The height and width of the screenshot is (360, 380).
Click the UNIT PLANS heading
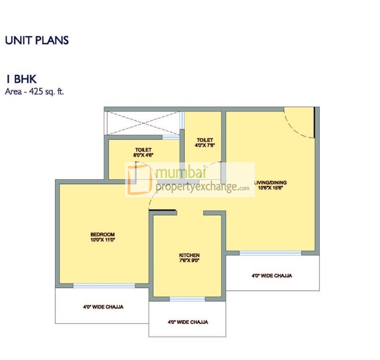(37, 40)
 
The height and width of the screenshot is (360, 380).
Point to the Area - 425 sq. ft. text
(34, 91)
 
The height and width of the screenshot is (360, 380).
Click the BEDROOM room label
(103, 234)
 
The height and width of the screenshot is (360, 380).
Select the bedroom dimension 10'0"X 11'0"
(103, 240)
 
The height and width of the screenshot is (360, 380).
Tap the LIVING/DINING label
(270, 182)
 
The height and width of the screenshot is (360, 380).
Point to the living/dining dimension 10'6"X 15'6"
(271, 188)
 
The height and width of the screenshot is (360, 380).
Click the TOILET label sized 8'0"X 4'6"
(143, 150)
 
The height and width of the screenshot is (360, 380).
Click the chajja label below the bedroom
(103, 307)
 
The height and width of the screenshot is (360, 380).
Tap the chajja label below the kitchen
(188, 322)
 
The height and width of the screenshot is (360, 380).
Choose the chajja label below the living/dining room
(272, 275)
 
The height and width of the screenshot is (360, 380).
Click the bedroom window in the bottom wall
(104, 286)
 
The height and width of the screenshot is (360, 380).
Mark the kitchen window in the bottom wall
(188, 299)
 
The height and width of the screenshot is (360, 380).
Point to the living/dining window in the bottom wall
(270, 253)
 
